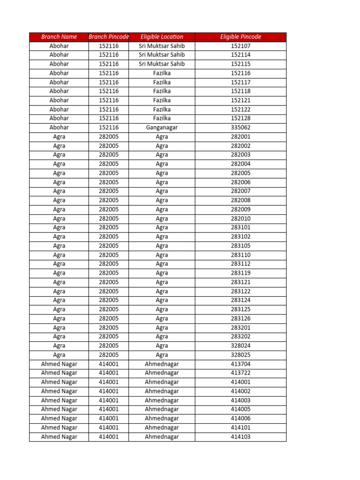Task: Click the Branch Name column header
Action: coord(59,37)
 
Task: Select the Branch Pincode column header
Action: coord(109,37)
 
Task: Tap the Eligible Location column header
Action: coord(162,37)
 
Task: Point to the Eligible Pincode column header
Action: coord(240,37)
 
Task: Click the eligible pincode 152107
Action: coord(240,46)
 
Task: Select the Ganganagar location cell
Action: coord(162,127)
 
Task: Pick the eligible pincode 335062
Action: coord(240,127)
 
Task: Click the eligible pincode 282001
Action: coord(240,137)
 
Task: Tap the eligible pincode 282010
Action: coord(240,218)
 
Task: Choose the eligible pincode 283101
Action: coord(240,227)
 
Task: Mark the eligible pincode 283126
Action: coord(240,318)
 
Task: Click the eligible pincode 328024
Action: coord(240,345)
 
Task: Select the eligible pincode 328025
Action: coord(240,355)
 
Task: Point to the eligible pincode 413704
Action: coord(240,364)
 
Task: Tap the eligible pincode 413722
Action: coord(240,373)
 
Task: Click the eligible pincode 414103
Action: coord(240,436)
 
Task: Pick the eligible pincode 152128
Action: coord(240,118)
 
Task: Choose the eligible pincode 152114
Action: coord(240,55)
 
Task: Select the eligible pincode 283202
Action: coord(240,337)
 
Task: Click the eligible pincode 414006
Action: coord(240,418)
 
